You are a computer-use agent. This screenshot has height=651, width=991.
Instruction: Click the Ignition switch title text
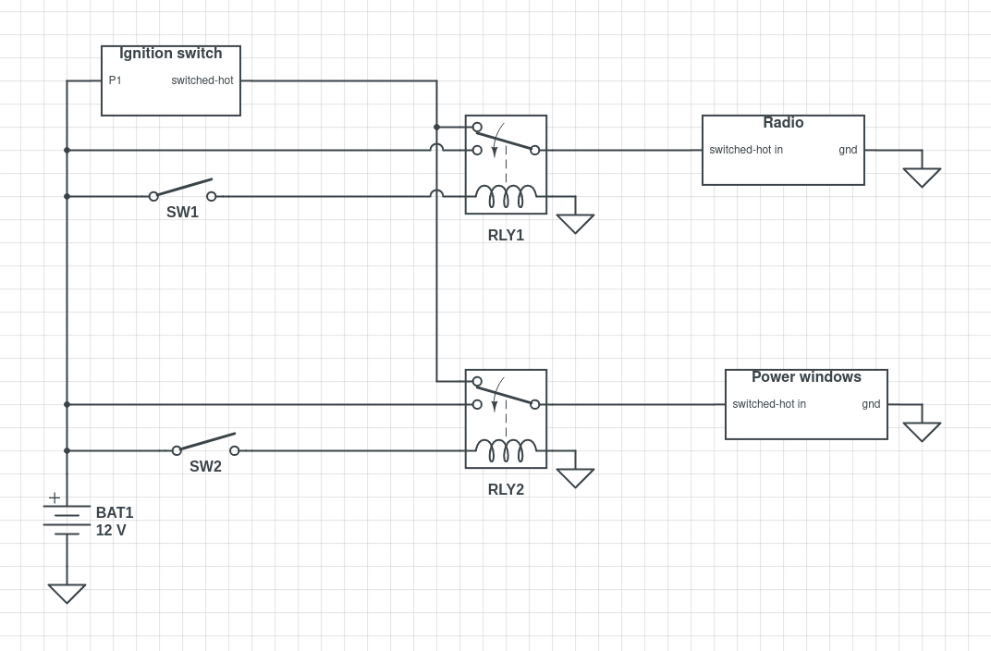171,54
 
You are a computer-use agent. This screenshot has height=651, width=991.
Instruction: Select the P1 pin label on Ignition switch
115,80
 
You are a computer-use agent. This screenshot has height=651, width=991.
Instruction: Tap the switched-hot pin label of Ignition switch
202,80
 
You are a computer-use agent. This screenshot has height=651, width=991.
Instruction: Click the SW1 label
182,213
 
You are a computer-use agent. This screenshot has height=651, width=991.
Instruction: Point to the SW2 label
205,467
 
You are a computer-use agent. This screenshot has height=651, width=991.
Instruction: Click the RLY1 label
506,236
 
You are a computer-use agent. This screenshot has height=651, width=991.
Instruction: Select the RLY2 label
506,490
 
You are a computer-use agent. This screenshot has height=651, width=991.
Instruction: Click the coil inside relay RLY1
506,196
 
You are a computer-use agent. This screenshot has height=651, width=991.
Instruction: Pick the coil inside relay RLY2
506,450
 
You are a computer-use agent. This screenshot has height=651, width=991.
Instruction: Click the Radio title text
783,123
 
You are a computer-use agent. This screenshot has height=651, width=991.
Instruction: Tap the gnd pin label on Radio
848,150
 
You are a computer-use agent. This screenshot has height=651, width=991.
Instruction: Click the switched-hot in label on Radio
746,150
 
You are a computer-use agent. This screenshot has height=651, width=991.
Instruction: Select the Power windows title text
806,377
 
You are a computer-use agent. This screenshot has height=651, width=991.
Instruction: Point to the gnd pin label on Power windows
871,404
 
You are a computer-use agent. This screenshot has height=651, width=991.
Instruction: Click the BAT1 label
115,513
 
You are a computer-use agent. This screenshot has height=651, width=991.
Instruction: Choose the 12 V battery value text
111,531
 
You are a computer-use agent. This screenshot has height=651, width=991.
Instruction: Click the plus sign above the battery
55,497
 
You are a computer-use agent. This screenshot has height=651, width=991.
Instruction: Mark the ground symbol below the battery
67,593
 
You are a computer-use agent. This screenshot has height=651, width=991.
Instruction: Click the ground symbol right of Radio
922,177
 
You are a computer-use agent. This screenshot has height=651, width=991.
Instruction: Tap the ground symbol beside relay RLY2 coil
575,477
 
